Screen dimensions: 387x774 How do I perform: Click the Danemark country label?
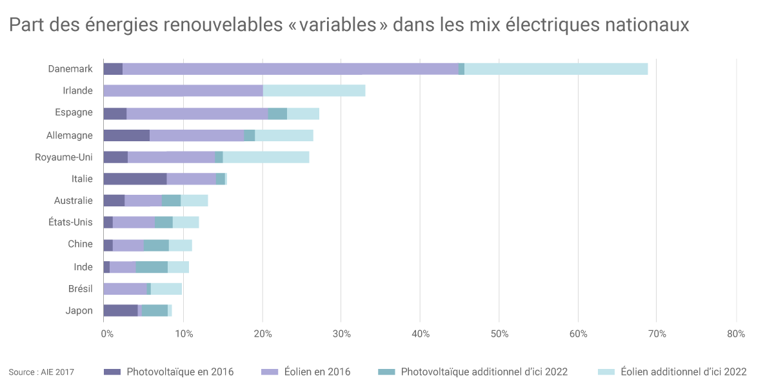[x=70, y=69]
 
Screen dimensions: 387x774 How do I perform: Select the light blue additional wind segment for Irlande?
[x=314, y=90]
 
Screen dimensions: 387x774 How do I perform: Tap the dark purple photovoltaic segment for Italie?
[x=135, y=179]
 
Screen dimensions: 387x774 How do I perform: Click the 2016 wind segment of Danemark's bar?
[x=290, y=69]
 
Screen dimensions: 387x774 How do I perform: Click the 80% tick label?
[x=736, y=334]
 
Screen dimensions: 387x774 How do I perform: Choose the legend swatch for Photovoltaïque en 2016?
[x=112, y=372]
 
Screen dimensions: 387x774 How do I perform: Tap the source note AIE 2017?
[x=41, y=372]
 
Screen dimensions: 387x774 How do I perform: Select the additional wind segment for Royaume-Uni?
[x=266, y=157]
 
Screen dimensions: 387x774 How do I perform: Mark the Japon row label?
[x=79, y=310]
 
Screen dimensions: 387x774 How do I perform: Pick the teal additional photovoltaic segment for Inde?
[x=152, y=267]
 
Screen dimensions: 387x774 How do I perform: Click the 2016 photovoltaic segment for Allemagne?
[x=126, y=135]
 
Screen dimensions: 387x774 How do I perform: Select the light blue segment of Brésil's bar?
[x=166, y=288]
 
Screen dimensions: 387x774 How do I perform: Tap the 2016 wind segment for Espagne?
[x=197, y=113]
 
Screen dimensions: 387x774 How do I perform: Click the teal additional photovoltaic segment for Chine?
[x=157, y=244]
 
